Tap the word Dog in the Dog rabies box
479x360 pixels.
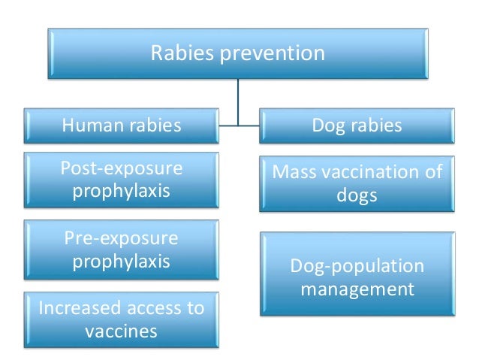[x=329, y=125]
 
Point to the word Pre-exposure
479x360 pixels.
[x=121, y=239]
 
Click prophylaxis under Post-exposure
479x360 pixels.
[x=121, y=191]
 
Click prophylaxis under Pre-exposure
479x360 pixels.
[x=121, y=262]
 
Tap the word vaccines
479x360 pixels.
[x=121, y=331]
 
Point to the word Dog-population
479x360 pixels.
[x=357, y=266]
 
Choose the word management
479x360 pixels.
[x=357, y=288]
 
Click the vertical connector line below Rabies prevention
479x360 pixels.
[x=239, y=98]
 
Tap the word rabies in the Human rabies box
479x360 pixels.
[x=155, y=125]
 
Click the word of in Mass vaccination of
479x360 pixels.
[x=434, y=173]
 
